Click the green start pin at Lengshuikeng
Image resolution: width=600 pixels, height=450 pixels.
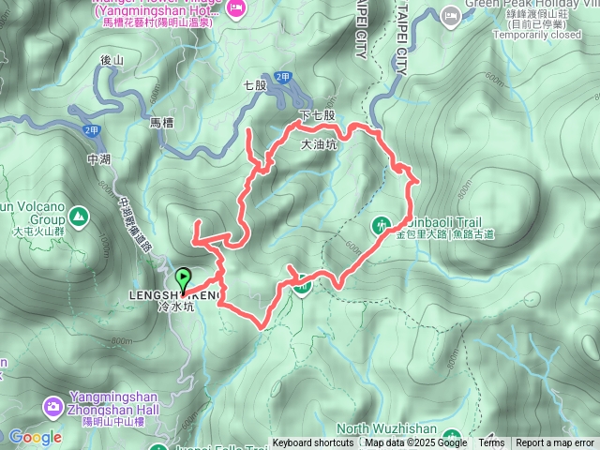pyautogui.click(x=183, y=279)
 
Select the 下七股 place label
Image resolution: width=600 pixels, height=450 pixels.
pyautogui.click(x=316, y=114)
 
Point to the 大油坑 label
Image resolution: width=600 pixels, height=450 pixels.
pyautogui.click(x=318, y=145)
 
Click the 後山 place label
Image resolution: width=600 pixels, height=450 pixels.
pyautogui.click(x=112, y=60)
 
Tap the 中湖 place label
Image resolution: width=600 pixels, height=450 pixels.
pyautogui.click(x=97, y=159)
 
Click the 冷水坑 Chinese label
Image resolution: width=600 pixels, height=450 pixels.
pyautogui.click(x=177, y=306)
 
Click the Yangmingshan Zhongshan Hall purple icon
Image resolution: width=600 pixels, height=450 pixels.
pyautogui.click(x=53, y=406)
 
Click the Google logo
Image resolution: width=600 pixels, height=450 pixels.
pyautogui.click(x=36, y=437)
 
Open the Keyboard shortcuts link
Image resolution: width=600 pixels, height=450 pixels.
pyautogui.click(x=313, y=443)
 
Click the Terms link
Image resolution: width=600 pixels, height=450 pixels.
pyautogui.click(x=491, y=443)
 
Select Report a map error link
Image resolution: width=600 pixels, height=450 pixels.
pyautogui.click(x=555, y=443)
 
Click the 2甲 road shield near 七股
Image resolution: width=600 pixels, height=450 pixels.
pyautogui.click(x=283, y=78)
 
